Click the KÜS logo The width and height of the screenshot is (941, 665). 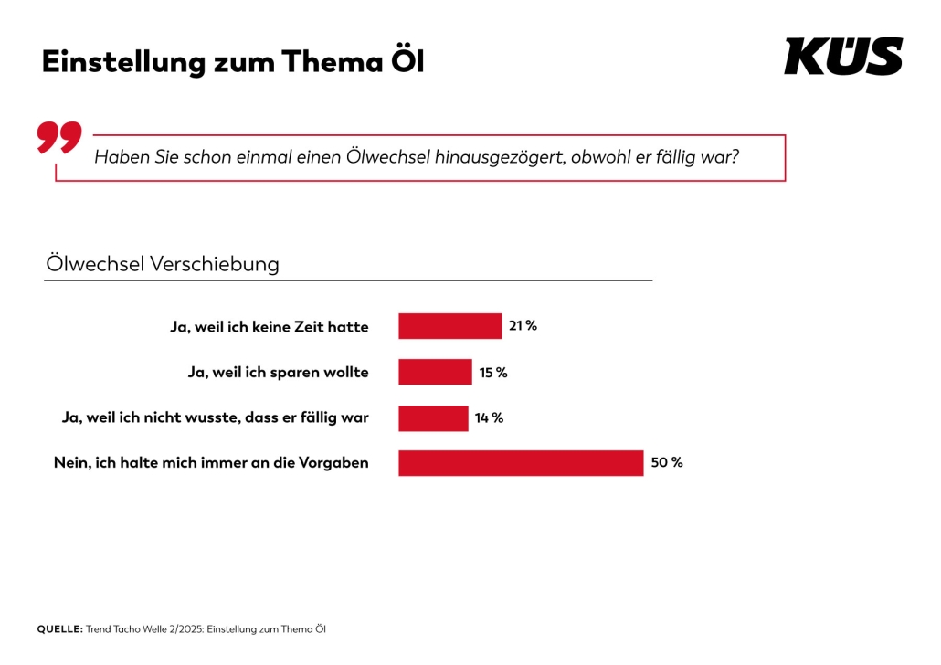(842, 57)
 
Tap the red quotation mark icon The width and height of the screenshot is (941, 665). (59, 136)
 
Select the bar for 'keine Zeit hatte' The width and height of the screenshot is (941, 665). (449, 326)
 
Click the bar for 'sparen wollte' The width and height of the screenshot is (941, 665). (435, 372)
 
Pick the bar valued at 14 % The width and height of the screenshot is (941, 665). (433, 417)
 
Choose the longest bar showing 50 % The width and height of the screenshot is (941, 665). (521, 462)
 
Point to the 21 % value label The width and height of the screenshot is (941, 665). (523, 325)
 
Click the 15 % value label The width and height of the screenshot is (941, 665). (493, 372)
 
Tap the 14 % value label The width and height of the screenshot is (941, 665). (489, 417)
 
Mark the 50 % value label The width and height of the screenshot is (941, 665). (667, 462)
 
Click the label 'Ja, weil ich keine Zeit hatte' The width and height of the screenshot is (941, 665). (270, 326)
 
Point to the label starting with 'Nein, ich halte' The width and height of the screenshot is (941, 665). (211, 462)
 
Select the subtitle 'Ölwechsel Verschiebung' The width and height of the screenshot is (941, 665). (163, 264)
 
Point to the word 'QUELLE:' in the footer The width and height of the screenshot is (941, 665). (59, 629)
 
